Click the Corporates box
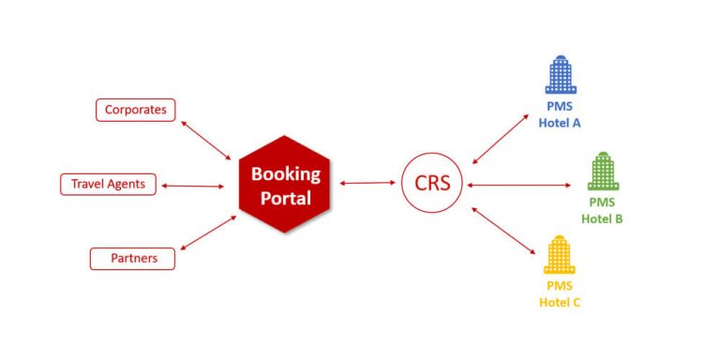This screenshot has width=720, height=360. pos(135,111)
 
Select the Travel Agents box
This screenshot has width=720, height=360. pos(108,184)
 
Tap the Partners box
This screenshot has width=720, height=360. pos(131,258)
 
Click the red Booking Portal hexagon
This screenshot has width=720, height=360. pos(285,184)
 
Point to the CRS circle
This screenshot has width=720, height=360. pos(432,184)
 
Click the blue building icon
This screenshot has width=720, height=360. pos(560,74)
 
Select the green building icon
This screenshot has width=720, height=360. pos(602,172)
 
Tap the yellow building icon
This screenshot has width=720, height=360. pos(559,255)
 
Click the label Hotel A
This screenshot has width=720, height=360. pos(561,122)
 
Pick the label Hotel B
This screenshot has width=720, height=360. pos(602,219)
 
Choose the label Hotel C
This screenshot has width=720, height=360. pos(560,302)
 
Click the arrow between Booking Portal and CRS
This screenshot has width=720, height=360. pos(367,184)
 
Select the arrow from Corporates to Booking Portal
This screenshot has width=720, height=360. pos(205,139)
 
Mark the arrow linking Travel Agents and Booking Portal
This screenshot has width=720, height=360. pos(196,184)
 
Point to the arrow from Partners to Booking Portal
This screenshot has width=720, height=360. pos(207,232)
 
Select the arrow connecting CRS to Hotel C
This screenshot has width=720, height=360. pos(504,231)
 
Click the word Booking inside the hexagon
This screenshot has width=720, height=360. pos(285,173)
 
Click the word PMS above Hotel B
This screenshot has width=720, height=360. pos(602,202)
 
